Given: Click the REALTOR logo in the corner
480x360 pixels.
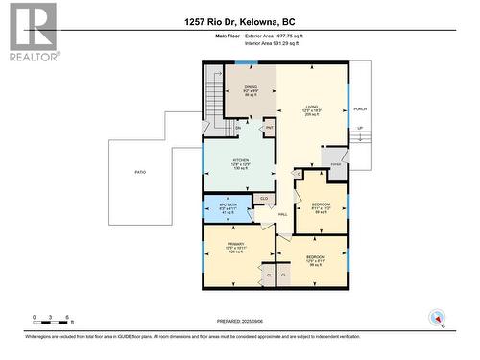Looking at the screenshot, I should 31,32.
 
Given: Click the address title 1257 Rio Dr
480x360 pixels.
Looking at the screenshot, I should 239,21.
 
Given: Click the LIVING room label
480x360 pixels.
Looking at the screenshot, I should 311,108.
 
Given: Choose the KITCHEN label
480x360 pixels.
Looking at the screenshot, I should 240,160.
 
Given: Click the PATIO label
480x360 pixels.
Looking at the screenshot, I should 140,172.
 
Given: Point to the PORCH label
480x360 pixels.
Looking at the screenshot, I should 359,109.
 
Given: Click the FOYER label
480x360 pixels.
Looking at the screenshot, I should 335,164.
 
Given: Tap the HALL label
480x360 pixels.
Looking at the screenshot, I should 282,214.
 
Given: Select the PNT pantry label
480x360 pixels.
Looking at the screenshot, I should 270,127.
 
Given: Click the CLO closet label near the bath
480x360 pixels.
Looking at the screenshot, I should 263,198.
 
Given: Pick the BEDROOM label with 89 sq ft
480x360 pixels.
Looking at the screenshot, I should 321,204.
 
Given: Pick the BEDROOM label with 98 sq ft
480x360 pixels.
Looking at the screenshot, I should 315,258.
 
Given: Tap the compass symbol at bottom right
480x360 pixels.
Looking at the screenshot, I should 437,318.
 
